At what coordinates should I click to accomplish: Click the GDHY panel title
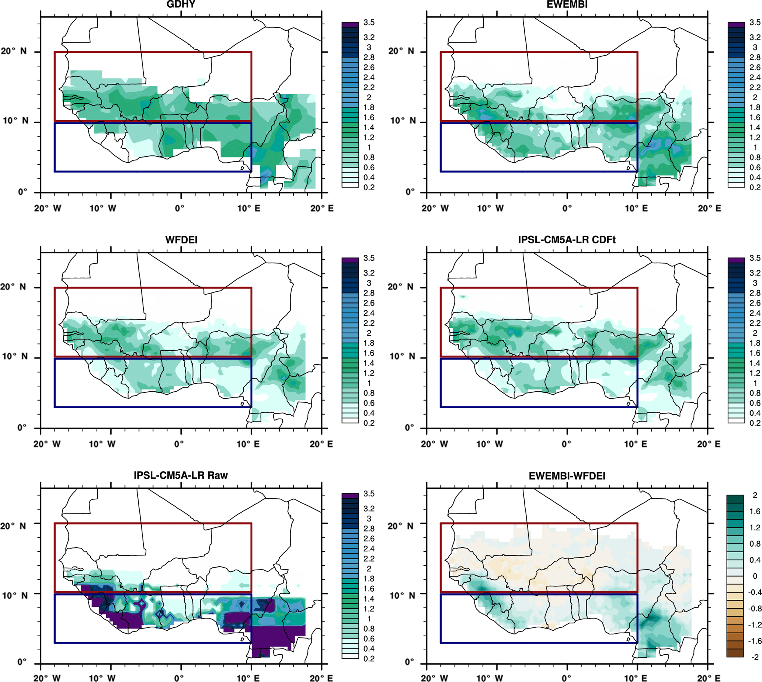[x=181, y=4]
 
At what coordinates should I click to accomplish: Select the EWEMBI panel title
[x=567, y=4]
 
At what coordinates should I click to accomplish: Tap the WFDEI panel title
[x=181, y=240]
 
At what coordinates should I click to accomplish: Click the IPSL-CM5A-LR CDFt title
[x=567, y=240]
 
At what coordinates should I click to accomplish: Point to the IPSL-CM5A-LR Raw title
[x=181, y=475]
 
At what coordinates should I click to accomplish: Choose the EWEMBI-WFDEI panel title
[x=567, y=476]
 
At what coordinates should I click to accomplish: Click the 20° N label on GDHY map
[x=14, y=51]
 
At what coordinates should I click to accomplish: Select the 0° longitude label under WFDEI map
[x=179, y=444]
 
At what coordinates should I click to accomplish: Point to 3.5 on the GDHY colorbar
[x=369, y=23]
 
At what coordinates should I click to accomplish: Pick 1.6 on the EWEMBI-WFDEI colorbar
[x=755, y=511]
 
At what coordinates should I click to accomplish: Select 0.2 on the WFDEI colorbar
[x=369, y=423]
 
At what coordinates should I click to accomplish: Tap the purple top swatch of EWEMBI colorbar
[x=736, y=24]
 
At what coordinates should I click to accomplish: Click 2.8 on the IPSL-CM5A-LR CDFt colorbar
[x=755, y=293]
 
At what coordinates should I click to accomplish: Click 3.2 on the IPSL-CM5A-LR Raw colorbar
[x=369, y=509]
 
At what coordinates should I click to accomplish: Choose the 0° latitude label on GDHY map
[x=22, y=192]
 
